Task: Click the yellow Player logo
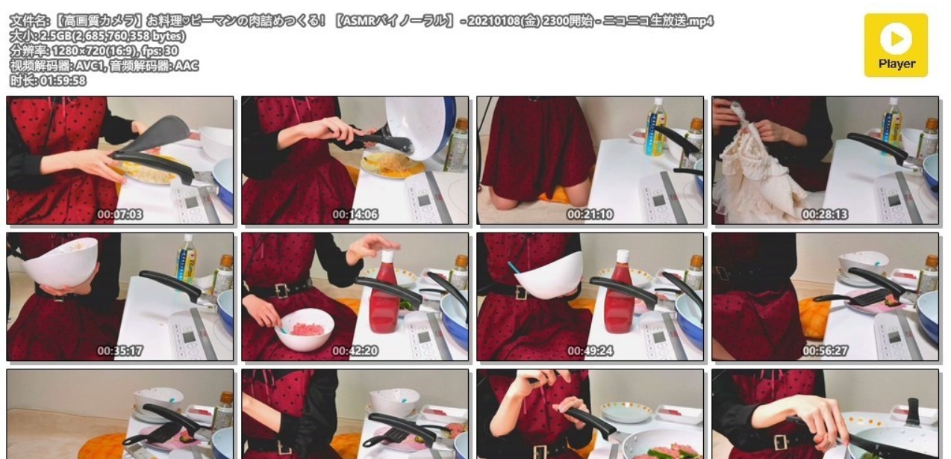point(896,45)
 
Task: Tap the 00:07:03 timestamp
point(119,215)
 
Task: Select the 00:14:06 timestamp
point(355,215)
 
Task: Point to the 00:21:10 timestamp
point(590,215)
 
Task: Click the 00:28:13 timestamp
point(825,215)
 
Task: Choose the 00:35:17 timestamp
point(119,351)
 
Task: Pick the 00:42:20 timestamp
point(355,351)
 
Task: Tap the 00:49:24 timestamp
point(590,351)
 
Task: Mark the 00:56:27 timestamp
point(825,351)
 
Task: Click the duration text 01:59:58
point(63,81)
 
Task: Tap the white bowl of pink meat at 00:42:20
point(305,328)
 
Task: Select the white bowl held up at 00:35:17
point(60,262)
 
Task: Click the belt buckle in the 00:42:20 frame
point(282,290)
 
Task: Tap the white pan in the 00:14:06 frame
point(420,126)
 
